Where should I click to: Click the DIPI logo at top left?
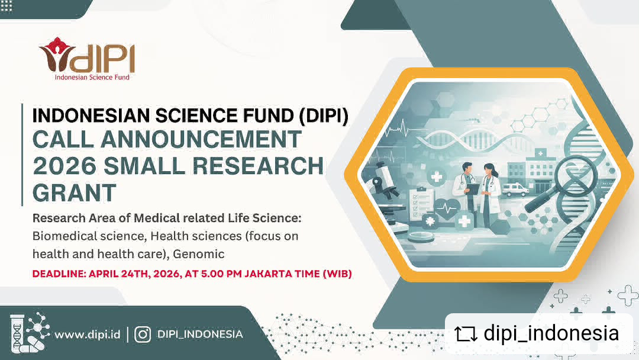[86, 59]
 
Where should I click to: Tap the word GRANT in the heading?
[74, 192]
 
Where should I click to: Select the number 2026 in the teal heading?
[64, 166]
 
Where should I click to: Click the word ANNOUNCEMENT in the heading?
[201, 139]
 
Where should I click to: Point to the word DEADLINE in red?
[58, 274]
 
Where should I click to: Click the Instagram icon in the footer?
[143, 335]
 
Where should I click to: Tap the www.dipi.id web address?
[87, 335]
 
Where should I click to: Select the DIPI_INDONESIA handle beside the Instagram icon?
[200, 335]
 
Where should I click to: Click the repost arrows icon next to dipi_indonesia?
[466, 334]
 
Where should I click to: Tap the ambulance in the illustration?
[515, 189]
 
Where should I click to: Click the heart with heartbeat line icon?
[447, 209]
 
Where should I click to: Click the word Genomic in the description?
[198, 254]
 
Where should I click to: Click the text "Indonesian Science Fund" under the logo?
[92, 77]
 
